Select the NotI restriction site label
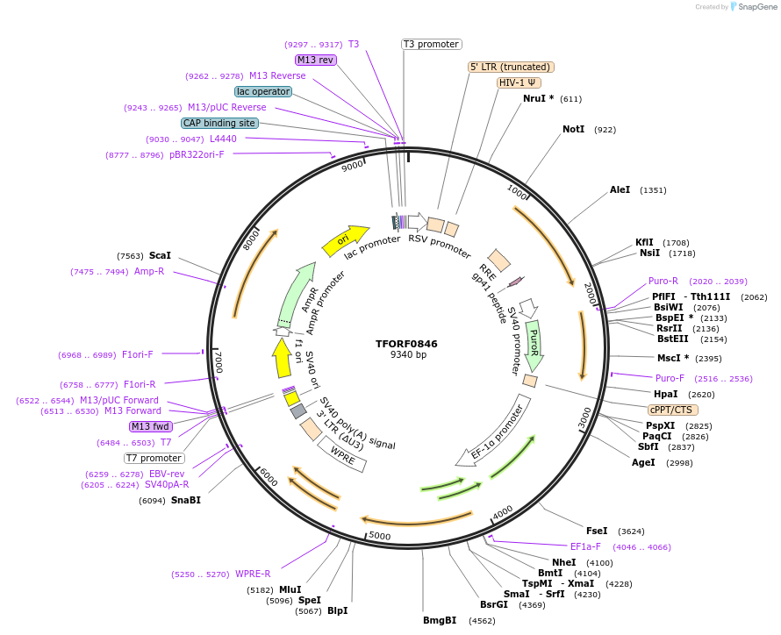[573, 129]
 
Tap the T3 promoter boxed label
[431, 44]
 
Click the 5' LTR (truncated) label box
[511, 67]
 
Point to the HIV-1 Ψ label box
[518, 82]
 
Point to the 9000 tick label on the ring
[353, 166]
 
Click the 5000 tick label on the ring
[380, 535]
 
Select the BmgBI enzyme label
[440, 620]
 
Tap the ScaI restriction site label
[160, 255]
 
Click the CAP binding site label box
[219, 124]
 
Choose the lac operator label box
[263, 91]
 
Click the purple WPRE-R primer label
[253, 574]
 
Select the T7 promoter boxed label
[154, 458]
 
